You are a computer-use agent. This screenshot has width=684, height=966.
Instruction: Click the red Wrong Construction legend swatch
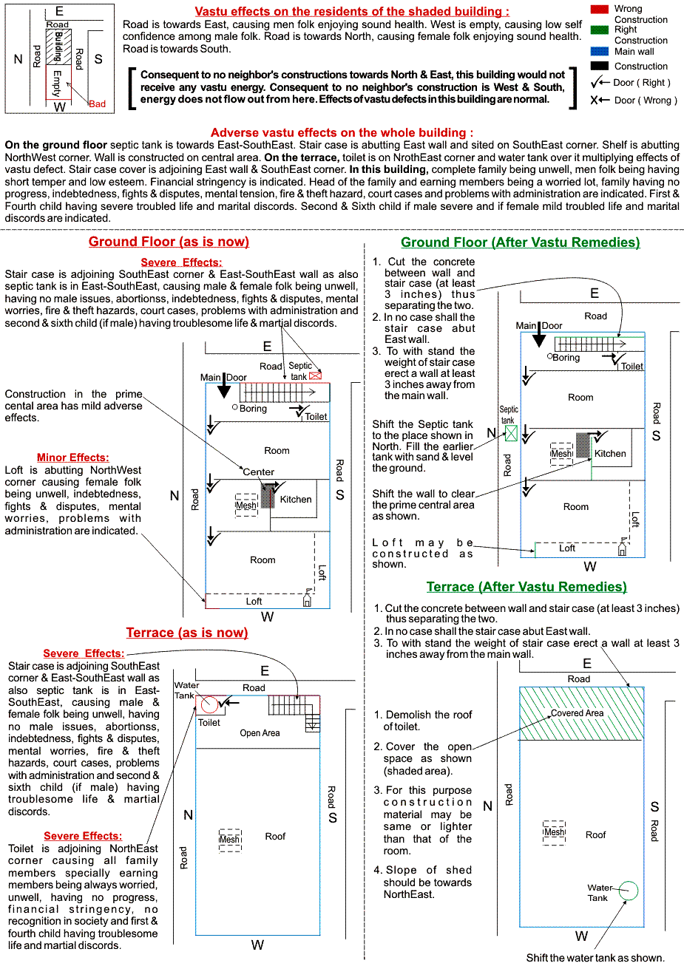(x=600, y=9)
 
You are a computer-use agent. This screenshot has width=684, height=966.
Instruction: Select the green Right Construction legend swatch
(x=600, y=30)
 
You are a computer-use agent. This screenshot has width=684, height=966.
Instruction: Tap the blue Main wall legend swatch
(x=600, y=52)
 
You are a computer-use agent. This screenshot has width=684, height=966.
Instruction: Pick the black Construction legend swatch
(x=600, y=66)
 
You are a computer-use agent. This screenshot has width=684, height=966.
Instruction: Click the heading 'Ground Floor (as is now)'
(x=169, y=242)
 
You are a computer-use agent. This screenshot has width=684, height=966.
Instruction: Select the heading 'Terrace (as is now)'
(x=187, y=633)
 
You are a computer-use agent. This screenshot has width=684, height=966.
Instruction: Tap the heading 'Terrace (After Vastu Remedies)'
(x=526, y=587)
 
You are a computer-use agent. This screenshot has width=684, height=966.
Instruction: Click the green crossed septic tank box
(x=510, y=433)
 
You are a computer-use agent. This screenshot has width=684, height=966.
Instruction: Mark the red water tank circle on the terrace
(x=209, y=705)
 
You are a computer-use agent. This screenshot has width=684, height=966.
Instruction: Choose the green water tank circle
(x=629, y=891)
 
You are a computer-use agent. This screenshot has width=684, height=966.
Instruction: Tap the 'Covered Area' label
(x=577, y=713)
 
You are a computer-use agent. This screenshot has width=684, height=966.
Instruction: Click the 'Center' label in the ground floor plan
(x=259, y=472)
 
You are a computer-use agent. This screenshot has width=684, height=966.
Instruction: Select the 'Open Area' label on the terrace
(x=260, y=733)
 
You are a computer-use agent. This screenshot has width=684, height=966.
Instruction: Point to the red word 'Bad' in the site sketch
(x=97, y=104)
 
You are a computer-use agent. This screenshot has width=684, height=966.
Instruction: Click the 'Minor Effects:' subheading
(x=72, y=458)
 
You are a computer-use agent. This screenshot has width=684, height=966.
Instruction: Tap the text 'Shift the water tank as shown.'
(x=595, y=958)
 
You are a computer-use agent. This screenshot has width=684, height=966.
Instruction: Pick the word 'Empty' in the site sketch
(x=57, y=84)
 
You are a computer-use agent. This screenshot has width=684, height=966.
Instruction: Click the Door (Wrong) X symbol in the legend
(x=594, y=100)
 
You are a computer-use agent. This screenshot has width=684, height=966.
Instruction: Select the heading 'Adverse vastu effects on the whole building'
(x=342, y=133)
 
